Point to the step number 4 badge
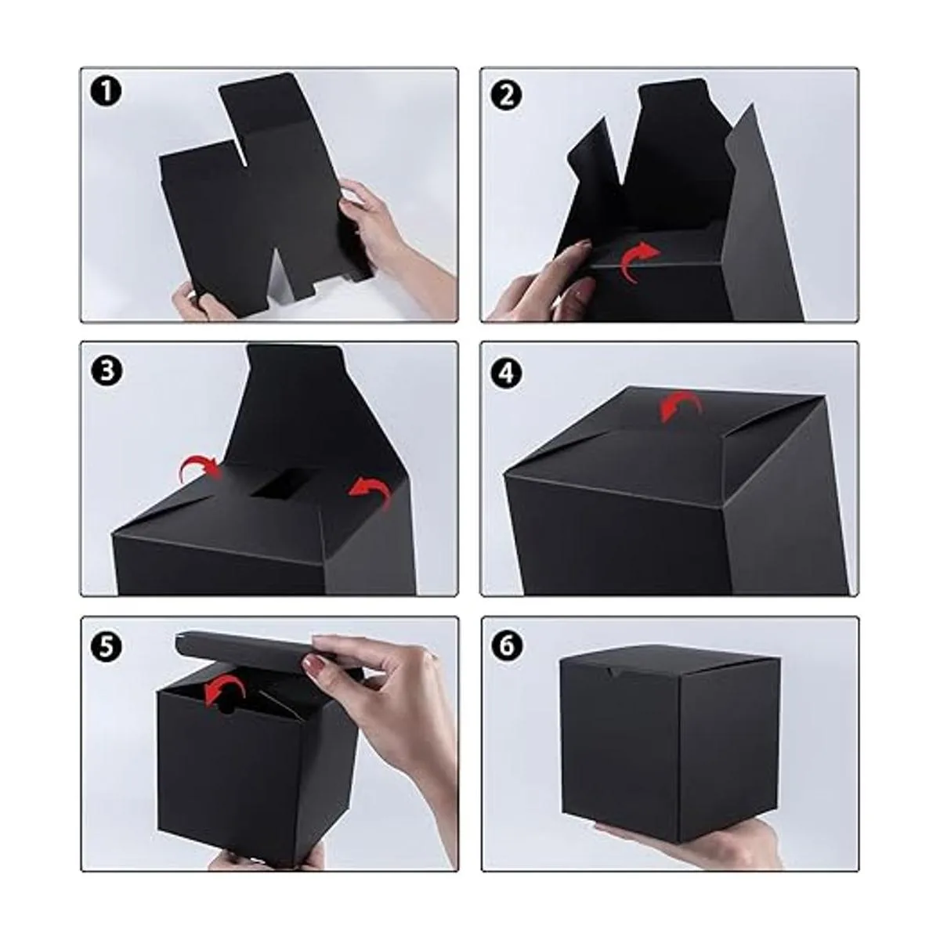point(506,373)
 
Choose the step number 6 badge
point(506,646)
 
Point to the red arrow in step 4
point(681,403)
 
